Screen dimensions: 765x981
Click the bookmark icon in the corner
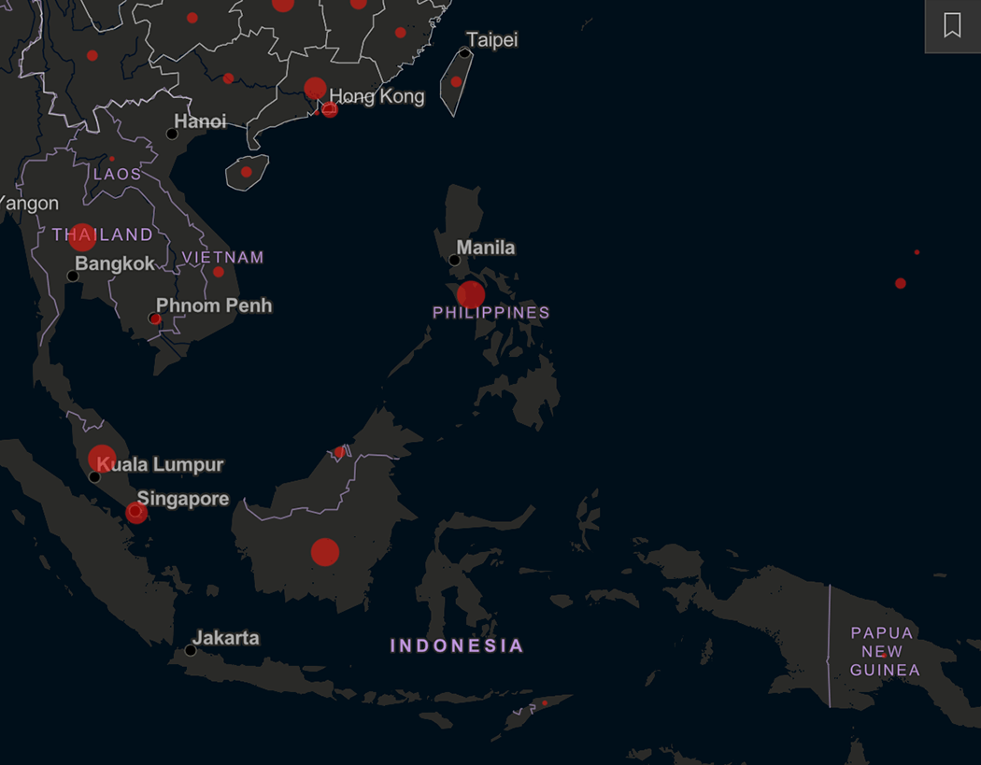point(952,25)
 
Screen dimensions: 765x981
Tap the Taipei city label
point(491,40)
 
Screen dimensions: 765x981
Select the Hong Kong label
point(377,96)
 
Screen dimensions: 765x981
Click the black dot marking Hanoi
point(172,134)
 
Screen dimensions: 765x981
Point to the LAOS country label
point(118,174)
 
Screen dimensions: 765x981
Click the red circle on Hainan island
point(246,172)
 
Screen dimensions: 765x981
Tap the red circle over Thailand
point(82,237)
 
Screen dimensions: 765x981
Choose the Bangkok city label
point(115,263)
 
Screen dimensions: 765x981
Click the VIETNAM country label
point(223,257)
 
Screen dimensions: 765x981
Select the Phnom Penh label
point(214,305)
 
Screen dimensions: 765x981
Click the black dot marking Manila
point(454,260)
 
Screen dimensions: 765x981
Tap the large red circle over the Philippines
point(471,295)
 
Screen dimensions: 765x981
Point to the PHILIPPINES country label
point(491,313)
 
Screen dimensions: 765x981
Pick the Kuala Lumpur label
point(161,464)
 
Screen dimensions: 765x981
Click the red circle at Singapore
point(136,512)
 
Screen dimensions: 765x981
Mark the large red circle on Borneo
point(324,552)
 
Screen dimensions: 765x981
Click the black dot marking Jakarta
point(191,650)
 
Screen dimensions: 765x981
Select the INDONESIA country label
point(457,645)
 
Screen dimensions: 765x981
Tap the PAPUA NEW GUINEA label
point(885,651)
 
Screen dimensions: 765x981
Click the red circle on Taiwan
point(456,81)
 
